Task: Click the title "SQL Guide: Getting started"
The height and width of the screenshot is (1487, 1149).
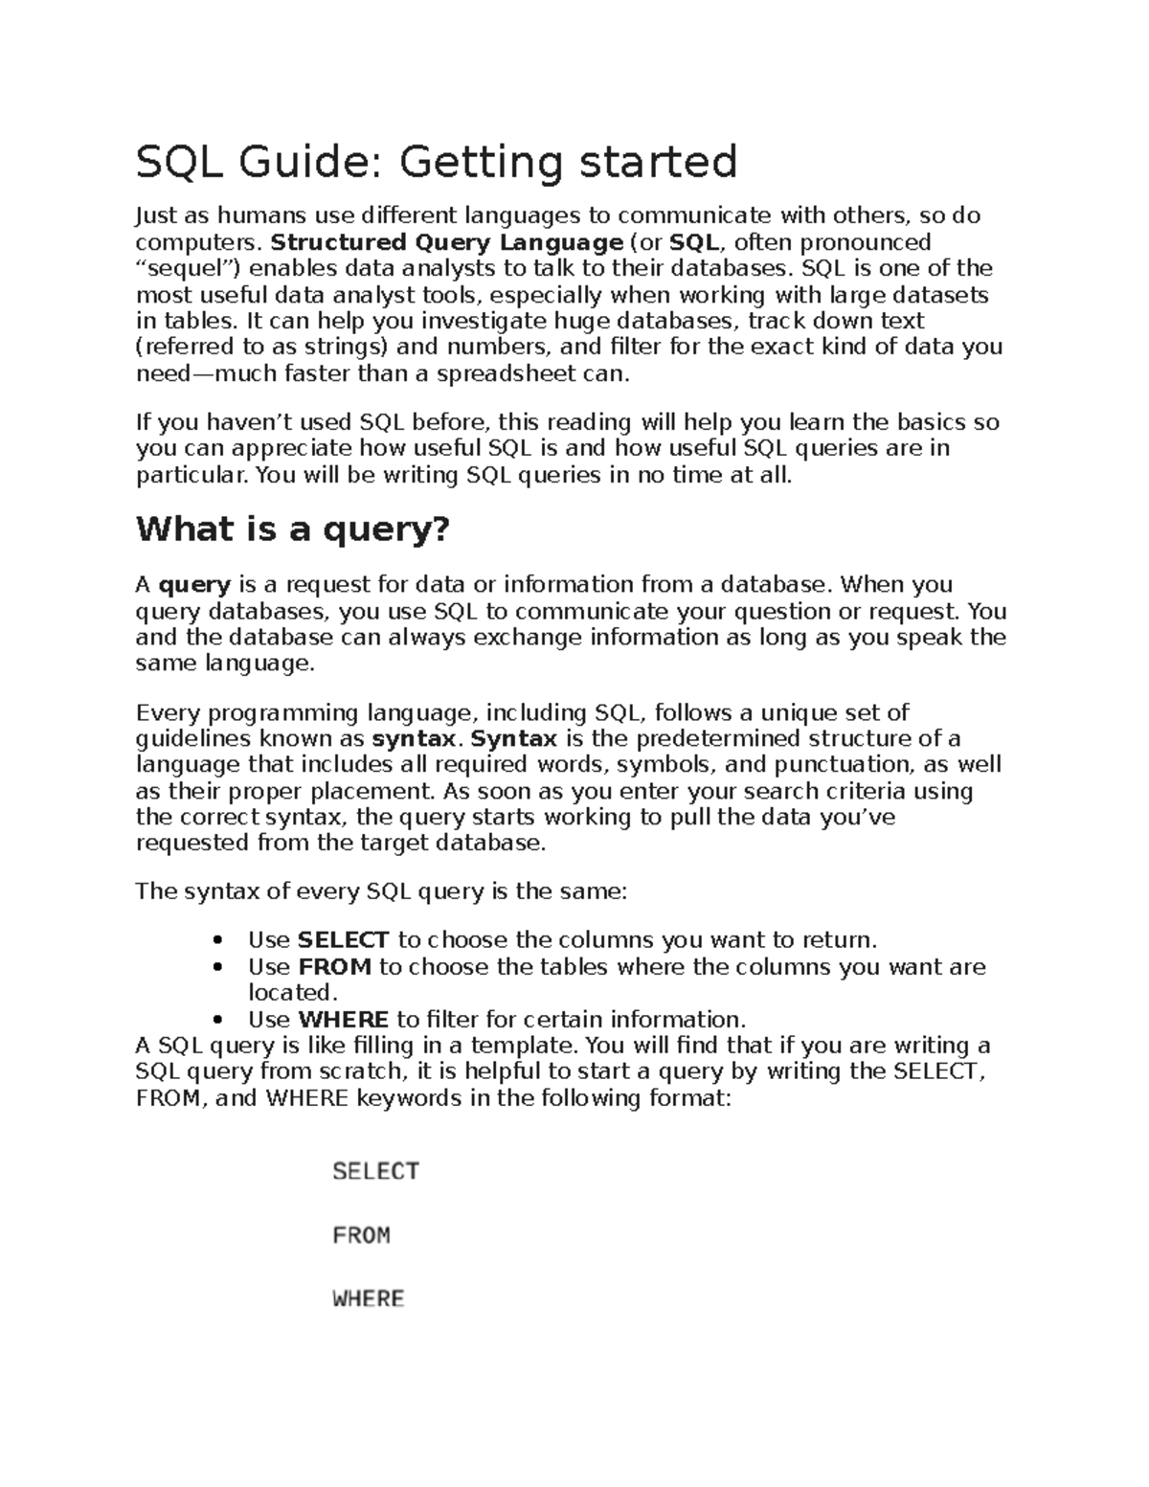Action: pos(437,162)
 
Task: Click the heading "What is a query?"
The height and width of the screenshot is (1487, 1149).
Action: pos(292,529)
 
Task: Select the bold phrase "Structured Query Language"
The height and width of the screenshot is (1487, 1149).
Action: pos(447,241)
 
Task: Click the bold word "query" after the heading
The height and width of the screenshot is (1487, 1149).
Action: pos(194,585)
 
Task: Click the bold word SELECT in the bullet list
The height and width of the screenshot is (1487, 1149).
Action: pos(344,940)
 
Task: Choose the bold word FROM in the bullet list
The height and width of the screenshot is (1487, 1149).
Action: pos(335,967)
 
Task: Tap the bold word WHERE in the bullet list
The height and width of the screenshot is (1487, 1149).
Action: pos(343,1020)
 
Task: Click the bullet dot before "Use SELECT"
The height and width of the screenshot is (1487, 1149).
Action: pos(219,941)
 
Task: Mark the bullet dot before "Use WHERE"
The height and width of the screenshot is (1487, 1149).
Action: pos(219,1021)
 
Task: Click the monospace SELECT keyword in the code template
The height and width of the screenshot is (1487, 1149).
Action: pos(375,1171)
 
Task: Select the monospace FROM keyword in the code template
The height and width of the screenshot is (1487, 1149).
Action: pos(361,1235)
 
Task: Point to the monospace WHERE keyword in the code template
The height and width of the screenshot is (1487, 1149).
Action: pos(368,1299)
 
